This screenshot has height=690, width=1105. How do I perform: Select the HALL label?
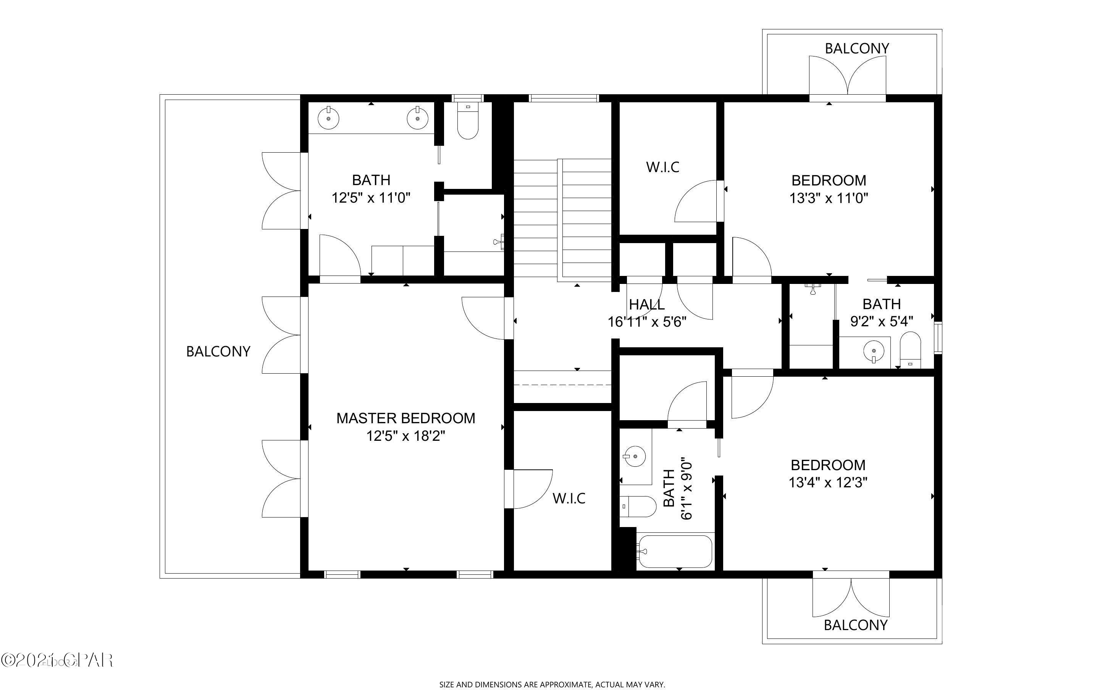(646, 305)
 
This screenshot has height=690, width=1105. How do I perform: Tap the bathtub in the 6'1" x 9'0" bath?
(675, 551)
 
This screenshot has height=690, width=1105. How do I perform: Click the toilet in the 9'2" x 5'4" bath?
(911, 350)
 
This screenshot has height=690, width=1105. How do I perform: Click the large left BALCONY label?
(218, 351)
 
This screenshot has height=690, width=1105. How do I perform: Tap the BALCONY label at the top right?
(857, 48)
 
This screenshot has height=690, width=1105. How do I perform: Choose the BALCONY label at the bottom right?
(855, 625)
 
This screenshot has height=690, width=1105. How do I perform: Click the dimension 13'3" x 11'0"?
(829, 198)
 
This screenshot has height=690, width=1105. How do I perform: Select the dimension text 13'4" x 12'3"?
(827, 483)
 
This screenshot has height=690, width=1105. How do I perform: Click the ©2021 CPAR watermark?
(57, 660)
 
